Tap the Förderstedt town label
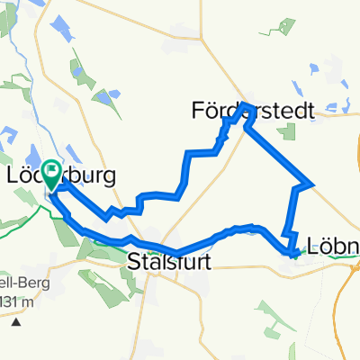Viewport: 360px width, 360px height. (253, 112)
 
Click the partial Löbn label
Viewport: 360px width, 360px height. (333, 245)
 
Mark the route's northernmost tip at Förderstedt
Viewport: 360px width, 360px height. (245, 105)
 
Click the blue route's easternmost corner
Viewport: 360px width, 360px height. (311, 184)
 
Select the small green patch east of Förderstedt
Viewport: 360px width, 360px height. (288, 131)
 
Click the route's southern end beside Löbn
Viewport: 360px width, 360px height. (293, 253)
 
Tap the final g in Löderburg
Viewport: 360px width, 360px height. (109, 177)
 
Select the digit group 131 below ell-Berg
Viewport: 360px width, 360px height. (8, 300)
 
